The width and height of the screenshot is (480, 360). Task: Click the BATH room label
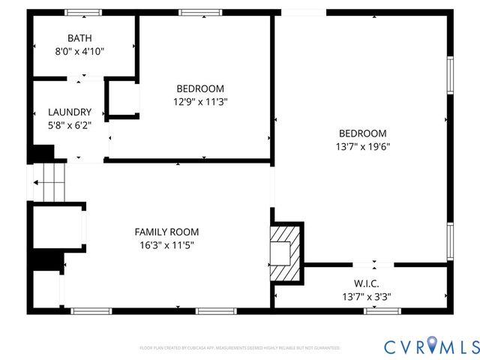81,37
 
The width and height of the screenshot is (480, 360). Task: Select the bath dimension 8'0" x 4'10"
81,51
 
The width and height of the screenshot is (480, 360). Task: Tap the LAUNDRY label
69,112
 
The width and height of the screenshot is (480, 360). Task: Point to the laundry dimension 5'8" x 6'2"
69,125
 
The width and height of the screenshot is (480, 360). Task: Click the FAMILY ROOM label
166,232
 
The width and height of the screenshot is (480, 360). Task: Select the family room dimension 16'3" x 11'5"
166,245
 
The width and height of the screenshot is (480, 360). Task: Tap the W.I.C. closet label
365,283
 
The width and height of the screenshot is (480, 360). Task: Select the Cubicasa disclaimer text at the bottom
240,348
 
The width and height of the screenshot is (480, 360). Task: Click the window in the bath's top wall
82,13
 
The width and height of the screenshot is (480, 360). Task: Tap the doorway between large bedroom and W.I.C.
373,264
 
